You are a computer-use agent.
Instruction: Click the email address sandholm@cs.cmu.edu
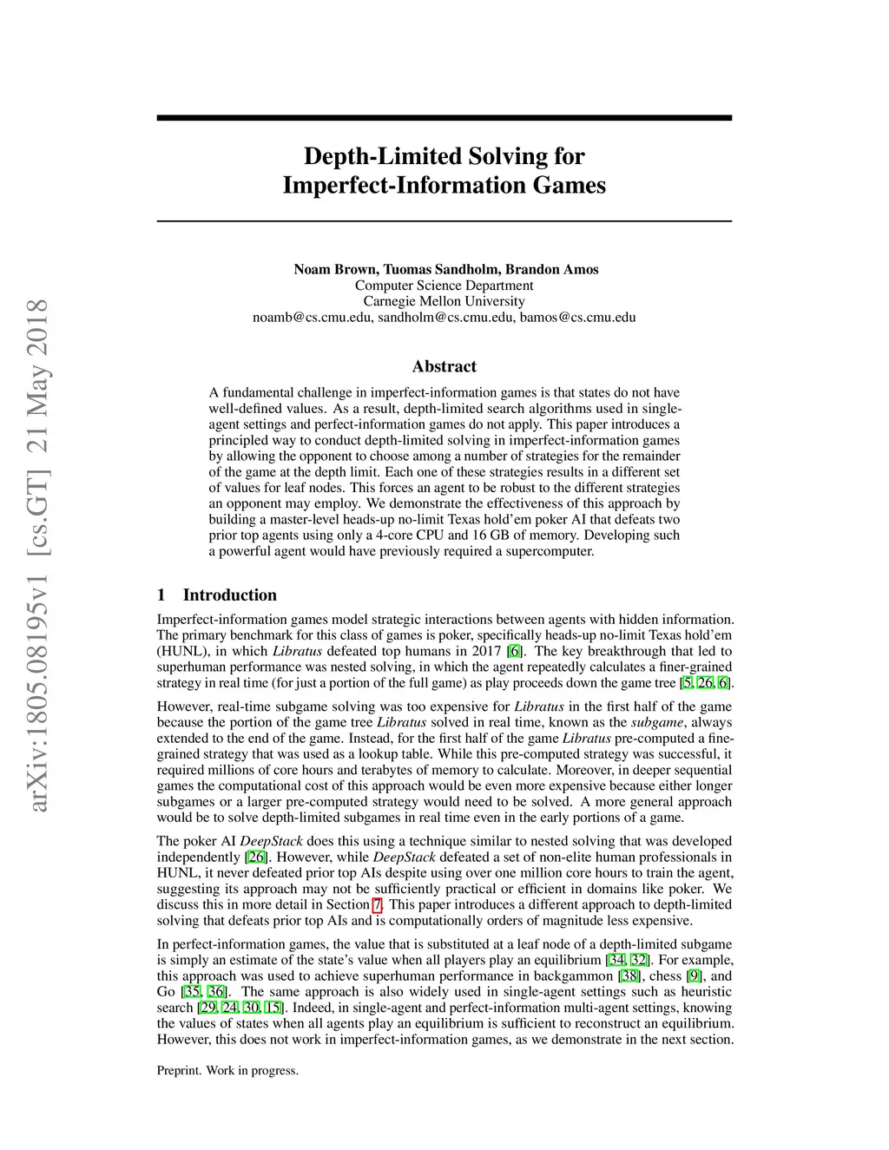[446, 317]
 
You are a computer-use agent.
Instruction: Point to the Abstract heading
[444, 366]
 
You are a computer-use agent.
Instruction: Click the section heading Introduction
[229, 595]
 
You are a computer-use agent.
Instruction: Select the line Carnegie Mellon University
[444, 301]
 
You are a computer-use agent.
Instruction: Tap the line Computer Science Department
[444, 286]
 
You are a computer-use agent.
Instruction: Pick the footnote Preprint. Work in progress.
[227, 1070]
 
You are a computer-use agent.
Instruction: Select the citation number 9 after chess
[694, 976]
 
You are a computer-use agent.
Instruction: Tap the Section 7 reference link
[377, 904]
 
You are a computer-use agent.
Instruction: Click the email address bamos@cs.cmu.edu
[577, 317]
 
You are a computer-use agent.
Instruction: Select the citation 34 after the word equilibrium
[616, 960]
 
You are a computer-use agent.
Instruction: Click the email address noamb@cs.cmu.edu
[313, 317]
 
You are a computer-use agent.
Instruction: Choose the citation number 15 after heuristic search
[273, 1008]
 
